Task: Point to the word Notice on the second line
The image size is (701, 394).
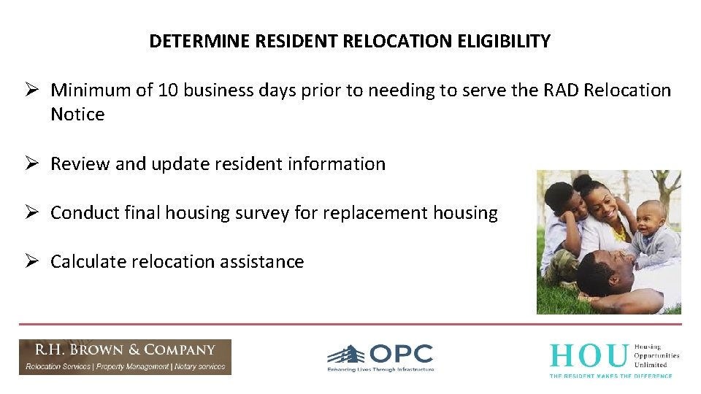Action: (x=77, y=115)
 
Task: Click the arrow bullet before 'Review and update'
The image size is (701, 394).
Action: (x=31, y=164)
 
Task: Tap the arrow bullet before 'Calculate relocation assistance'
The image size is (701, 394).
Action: (x=31, y=262)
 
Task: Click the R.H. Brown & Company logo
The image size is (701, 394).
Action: (x=125, y=357)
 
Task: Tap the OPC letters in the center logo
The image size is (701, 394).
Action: (x=401, y=355)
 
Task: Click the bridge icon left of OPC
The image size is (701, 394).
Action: (x=346, y=355)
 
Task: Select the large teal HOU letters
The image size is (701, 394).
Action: (x=589, y=355)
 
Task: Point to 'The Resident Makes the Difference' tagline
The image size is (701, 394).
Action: (x=610, y=375)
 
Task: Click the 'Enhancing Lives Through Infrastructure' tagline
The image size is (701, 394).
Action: (x=380, y=370)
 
